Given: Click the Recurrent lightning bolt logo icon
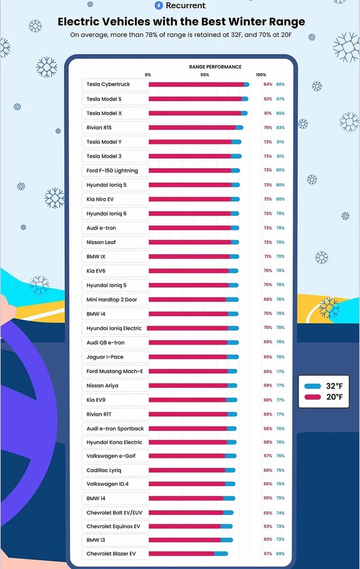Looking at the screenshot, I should coord(159,6).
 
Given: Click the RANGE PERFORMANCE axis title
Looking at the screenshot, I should coord(215,67).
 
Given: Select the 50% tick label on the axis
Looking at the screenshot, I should coord(205,75).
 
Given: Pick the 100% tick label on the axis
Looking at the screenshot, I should coord(261,75).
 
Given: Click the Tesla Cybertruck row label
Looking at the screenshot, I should coord(108,84).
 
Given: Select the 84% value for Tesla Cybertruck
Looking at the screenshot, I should coord(268,84).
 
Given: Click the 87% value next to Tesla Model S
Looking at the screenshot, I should coord(280,99).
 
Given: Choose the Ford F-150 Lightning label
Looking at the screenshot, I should coord(112,171).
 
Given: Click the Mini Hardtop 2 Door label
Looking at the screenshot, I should coord(111,300).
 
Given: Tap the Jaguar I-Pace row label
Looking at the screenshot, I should coord(105,357).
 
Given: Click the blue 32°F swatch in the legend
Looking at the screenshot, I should coord(314,386).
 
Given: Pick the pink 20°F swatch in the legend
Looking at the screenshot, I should coord(314,397).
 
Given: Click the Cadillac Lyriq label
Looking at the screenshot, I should coord(104,470).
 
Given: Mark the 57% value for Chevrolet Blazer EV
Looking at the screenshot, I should coord(268,554).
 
